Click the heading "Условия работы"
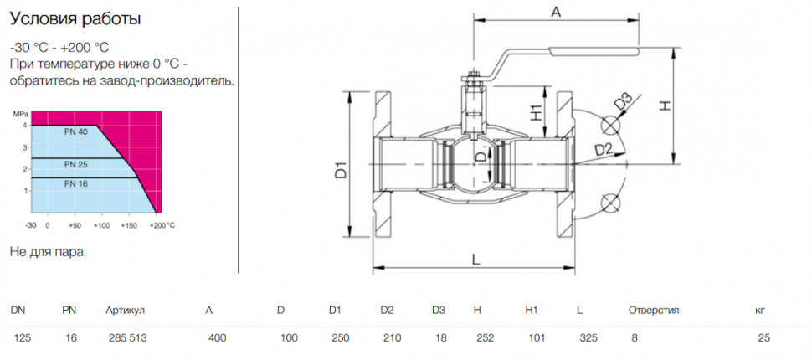click(75, 19)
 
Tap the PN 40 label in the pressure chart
click(76, 132)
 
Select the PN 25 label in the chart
click(76, 165)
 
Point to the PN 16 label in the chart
click(76, 183)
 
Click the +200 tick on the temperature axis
click(157, 226)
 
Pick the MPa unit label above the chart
click(18, 113)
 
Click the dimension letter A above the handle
click(556, 13)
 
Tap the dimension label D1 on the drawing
click(340, 171)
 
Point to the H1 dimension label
click(536, 112)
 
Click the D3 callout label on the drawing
click(624, 101)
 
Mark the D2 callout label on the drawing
click(604, 150)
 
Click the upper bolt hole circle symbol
click(611, 126)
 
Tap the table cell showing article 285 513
click(127, 338)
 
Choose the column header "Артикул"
click(125, 311)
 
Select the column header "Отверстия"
click(654, 311)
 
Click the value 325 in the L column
click(588, 338)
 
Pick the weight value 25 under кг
click(763, 338)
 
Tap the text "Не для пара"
click(47, 252)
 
